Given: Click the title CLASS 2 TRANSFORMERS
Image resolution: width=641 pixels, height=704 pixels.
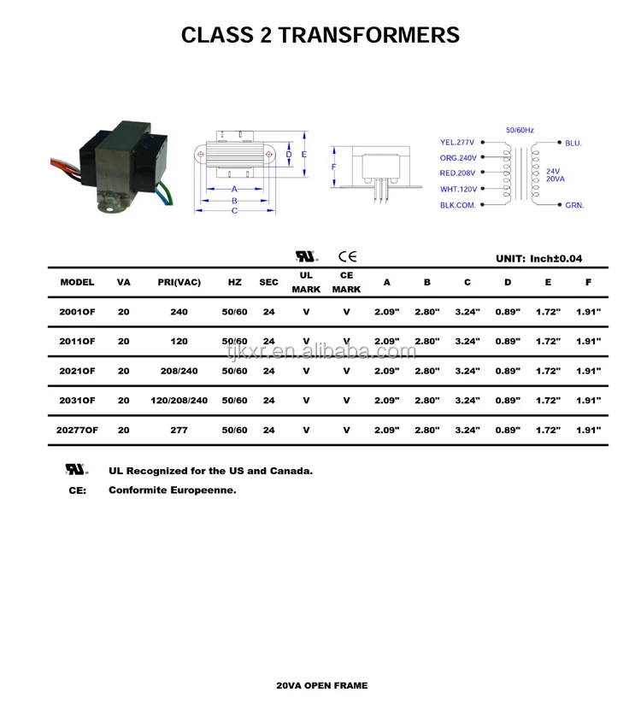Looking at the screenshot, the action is pyautogui.click(x=320, y=35).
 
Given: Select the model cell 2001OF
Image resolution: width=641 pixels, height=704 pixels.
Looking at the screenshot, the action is pyautogui.click(x=77, y=312).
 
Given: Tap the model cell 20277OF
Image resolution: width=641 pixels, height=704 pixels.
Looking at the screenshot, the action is pyautogui.click(x=77, y=431).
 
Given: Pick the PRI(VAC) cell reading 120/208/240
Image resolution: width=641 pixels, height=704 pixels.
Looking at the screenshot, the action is pyautogui.click(x=179, y=401).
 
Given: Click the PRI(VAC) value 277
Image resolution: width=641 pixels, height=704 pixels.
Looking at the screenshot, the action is pyautogui.click(x=179, y=431).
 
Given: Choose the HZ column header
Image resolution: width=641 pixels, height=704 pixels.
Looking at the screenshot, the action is pyautogui.click(x=234, y=282).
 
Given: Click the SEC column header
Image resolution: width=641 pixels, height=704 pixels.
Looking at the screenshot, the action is pyautogui.click(x=268, y=282).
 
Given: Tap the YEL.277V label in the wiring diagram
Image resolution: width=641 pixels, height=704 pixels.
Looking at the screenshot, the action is pyautogui.click(x=457, y=143).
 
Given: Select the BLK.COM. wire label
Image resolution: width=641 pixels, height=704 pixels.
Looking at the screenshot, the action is pyautogui.click(x=457, y=206).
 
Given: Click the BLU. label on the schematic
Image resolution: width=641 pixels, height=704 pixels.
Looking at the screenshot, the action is pyautogui.click(x=573, y=144).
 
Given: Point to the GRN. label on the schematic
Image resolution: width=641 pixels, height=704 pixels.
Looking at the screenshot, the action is pyautogui.click(x=573, y=206).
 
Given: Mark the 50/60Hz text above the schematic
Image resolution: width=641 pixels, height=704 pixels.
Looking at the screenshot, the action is pyautogui.click(x=520, y=130).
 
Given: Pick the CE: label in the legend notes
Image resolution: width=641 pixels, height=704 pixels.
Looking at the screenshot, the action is pyautogui.click(x=77, y=490).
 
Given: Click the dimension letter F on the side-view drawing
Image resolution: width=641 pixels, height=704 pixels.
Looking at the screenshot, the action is pyautogui.click(x=334, y=167).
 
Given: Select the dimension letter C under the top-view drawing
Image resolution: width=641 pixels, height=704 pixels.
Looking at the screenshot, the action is pyautogui.click(x=234, y=210).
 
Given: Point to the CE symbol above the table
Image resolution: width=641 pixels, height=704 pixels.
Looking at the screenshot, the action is pyautogui.click(x=347, y=256).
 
